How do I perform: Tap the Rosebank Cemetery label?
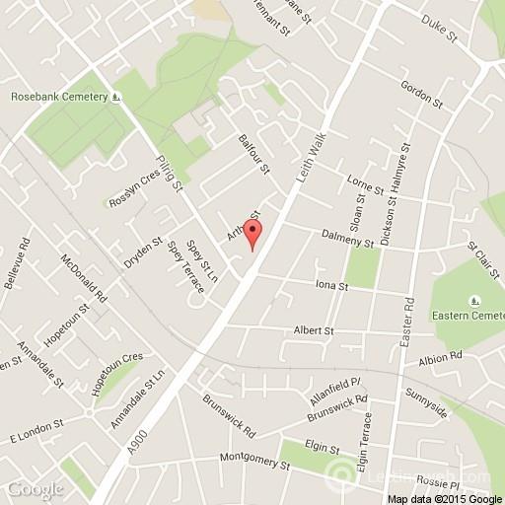point(59,98)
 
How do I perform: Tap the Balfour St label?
point(253,154)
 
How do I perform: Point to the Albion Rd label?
point(439,360)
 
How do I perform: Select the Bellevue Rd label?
point(18,264)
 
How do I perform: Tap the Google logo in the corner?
point(33,489)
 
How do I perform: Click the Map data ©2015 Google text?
point(444,497)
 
